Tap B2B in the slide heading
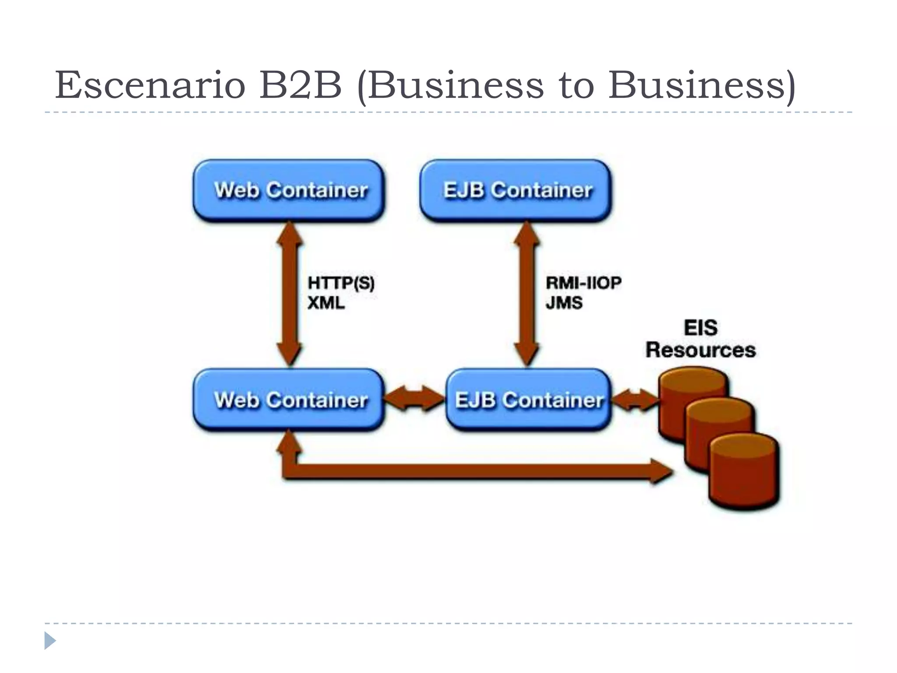(300, 85)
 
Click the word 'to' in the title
(576, 85)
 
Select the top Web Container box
(289, 191)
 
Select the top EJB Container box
(516, 191)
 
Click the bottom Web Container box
(289, 400)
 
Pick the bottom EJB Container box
(528, 400)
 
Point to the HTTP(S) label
(341, 283)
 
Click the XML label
(326, 303)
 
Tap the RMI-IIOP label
(583, 283)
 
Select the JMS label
(564, 303)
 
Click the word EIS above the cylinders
(701, 328)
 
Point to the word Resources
(701, 350)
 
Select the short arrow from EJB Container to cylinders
(635, 400)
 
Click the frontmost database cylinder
(744, 473)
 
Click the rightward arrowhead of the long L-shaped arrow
(661, 471)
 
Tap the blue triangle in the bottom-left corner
(49, 641)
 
